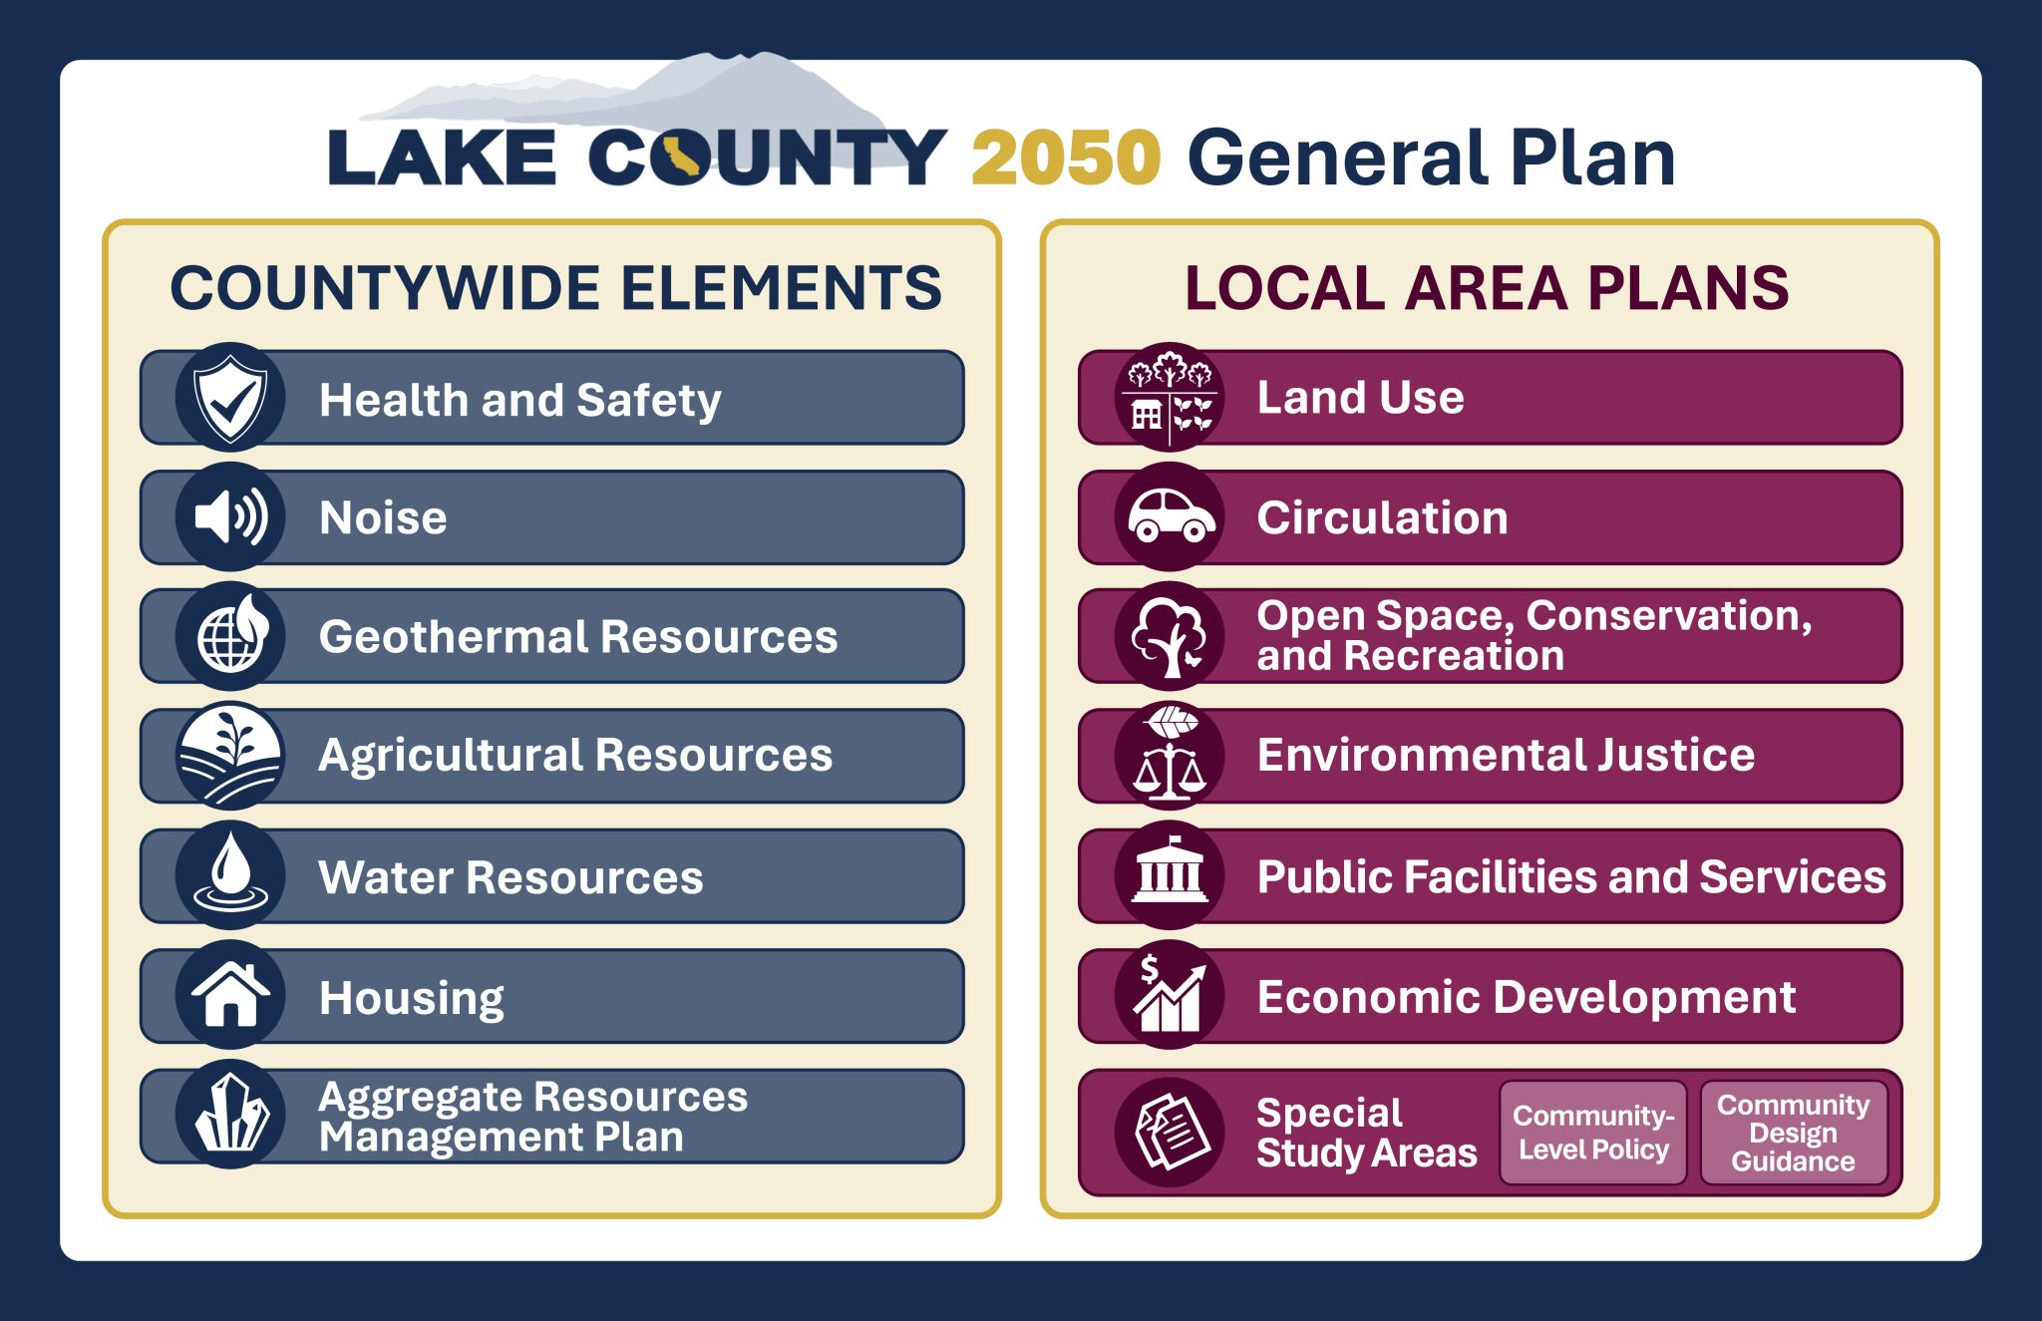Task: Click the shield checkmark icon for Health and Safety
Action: tap(230, 398)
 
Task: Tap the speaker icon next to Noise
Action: tap(230, 516)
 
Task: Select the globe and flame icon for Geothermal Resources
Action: tap(230, 636)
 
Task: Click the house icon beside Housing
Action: tap(230, 995)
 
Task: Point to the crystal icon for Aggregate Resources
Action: tap(230, 1115)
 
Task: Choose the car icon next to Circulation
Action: tap(1170, 516)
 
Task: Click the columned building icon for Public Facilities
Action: tap(1170, 875)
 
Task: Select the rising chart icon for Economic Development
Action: tap(1170, 995)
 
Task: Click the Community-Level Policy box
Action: tap(1592, 1133)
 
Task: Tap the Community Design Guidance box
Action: tap(1793, 1133)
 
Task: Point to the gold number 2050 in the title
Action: tap(1066, 158)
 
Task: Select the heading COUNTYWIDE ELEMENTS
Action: tap(555, 288)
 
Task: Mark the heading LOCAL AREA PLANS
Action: tap(1487, 288)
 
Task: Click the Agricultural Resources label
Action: tap(575, 756)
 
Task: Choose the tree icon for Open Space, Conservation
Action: tap(1170, 636)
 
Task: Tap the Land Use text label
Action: tap(1360, 398)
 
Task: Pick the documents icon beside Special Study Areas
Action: tap(1170, 1133)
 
